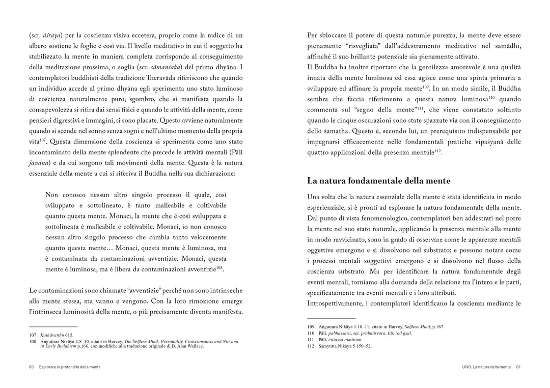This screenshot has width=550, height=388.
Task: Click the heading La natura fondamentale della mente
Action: (379, 181)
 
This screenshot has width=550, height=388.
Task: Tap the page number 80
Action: (31, 367)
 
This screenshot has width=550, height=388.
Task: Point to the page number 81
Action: (518, 367)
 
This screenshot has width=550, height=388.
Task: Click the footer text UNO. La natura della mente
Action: (483, 367)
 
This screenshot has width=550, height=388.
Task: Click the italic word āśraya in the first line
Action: (53, 35)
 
